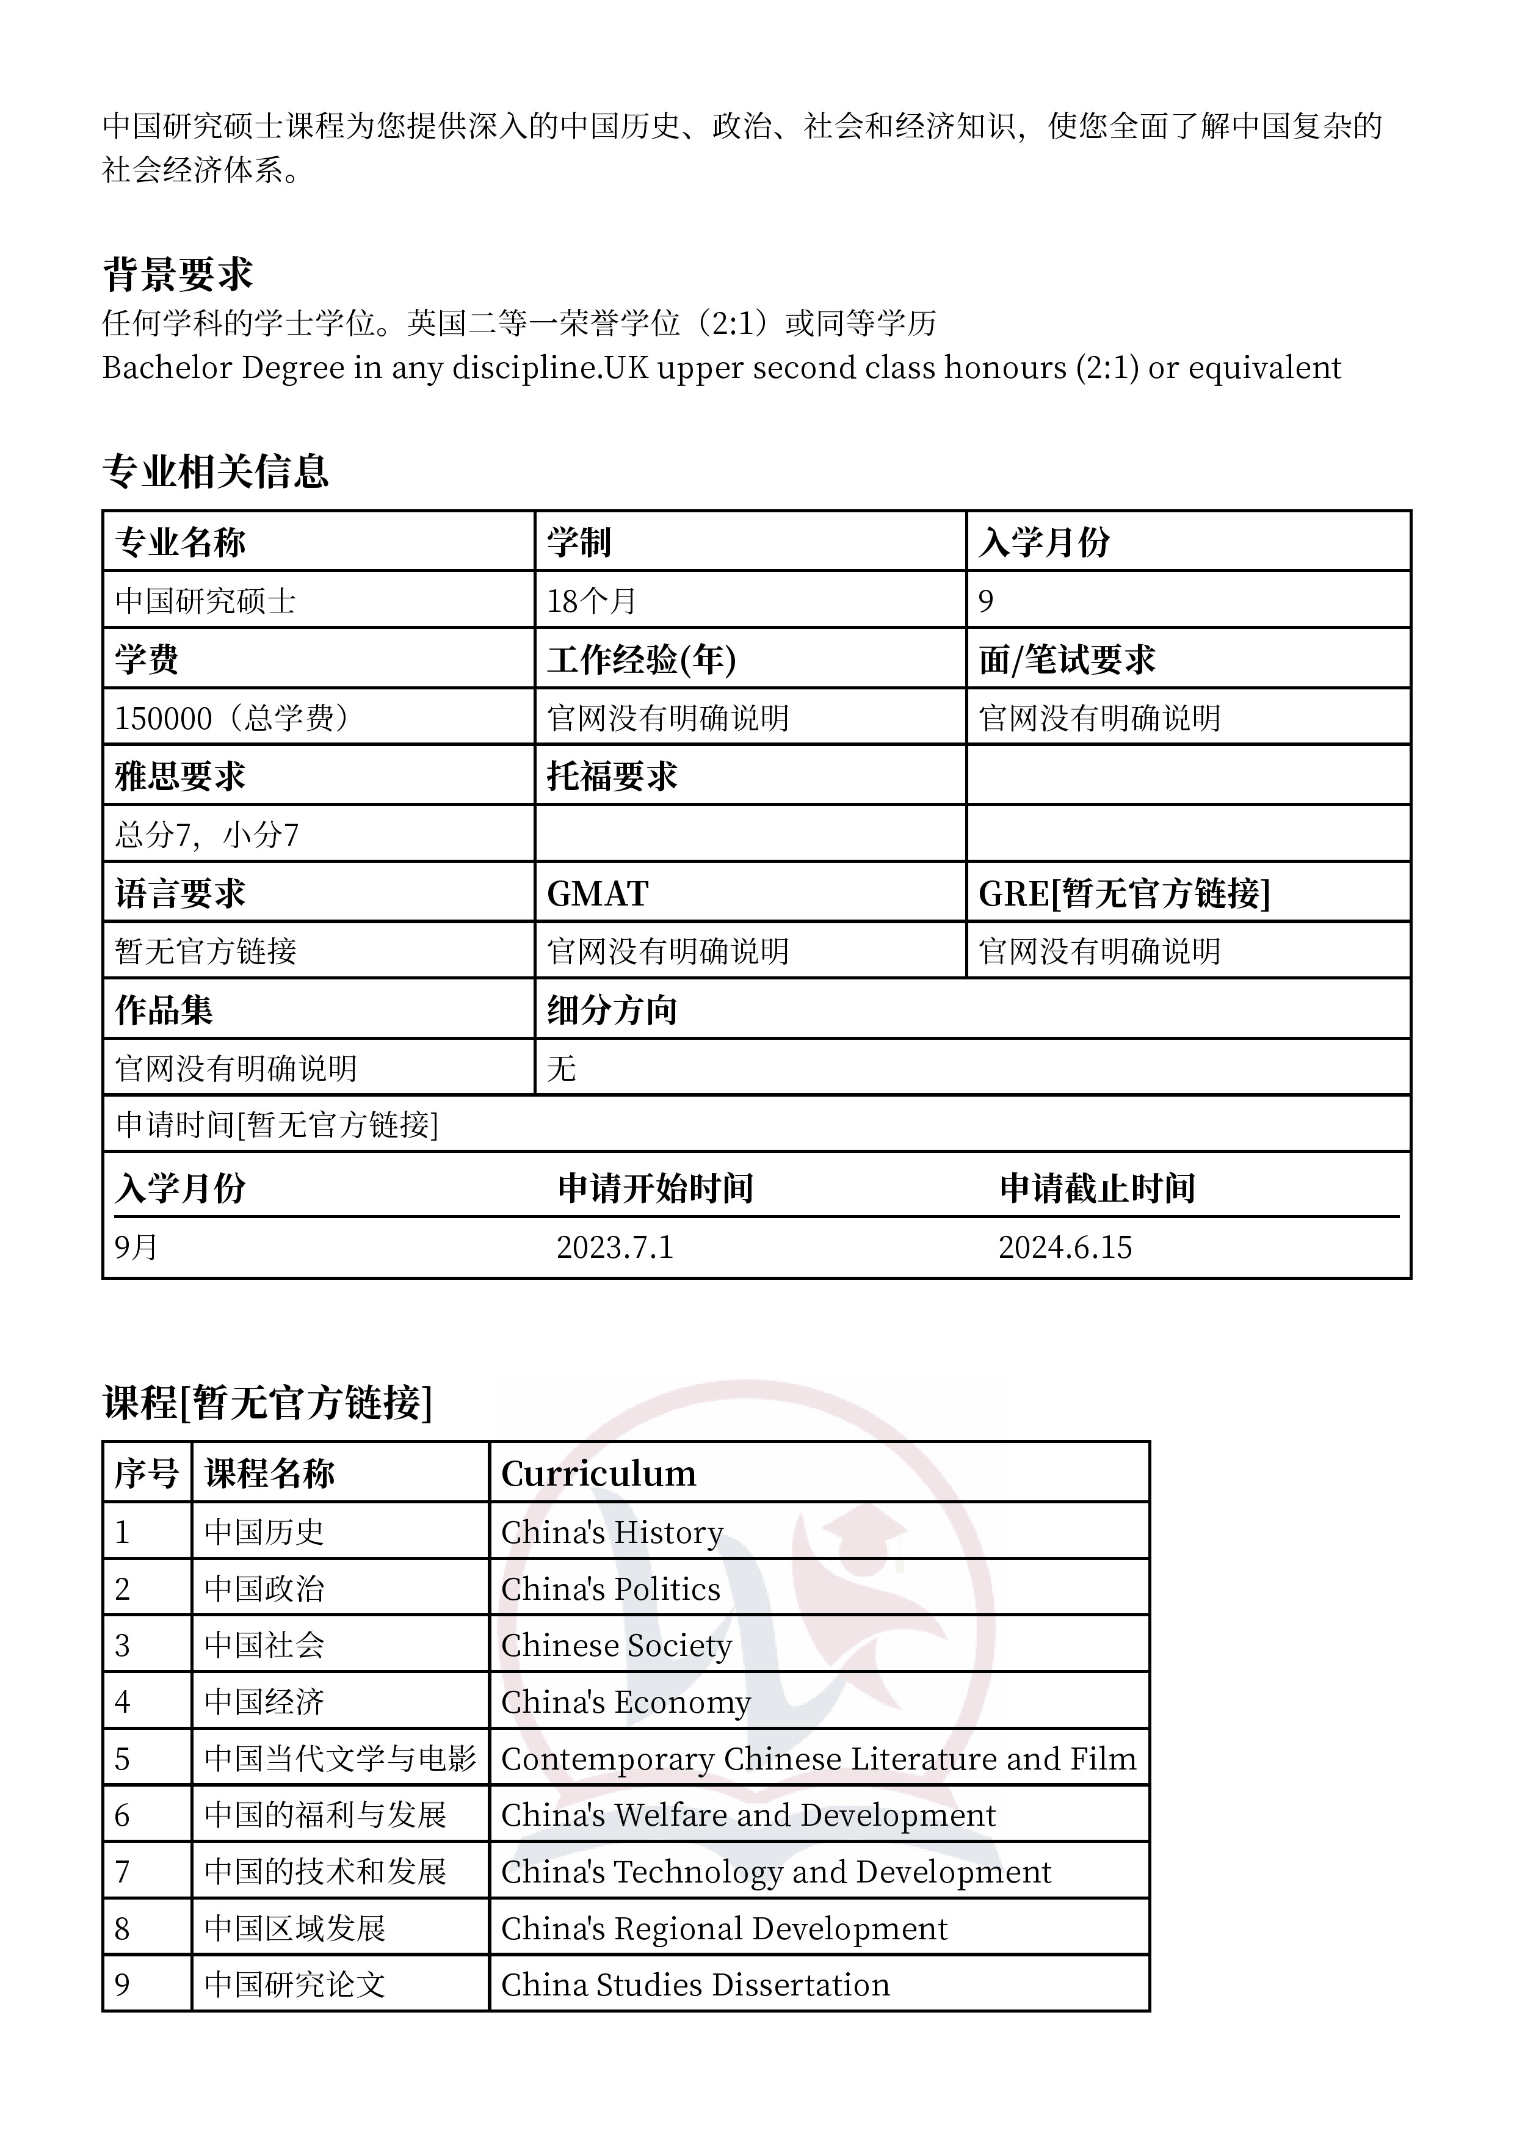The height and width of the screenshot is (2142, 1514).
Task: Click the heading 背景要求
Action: coord(177,274)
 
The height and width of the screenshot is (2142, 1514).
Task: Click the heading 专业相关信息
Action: coord(216,471)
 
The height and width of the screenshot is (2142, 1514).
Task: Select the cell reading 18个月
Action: coord(592,601)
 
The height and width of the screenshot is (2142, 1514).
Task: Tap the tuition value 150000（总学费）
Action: coord(232,717)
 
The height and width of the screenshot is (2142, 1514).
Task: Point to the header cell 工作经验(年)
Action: coord(642,659)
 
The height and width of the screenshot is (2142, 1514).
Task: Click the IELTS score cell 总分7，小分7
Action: coord(207,834)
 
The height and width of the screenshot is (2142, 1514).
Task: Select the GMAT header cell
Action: coord(597,894)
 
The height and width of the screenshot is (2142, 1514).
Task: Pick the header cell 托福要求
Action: coord(612,776)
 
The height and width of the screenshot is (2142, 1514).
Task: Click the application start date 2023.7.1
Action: coord(615,1247)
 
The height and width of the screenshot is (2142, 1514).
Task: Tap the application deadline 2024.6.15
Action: coord(1065,1247)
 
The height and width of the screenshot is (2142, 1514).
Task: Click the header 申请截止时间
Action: coord(1097,1189)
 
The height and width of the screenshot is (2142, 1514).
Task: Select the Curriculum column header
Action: coord(599,1474)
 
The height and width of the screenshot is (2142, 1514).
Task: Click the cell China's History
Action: coord(612,1533)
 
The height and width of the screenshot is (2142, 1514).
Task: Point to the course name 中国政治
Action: coord(264,1589)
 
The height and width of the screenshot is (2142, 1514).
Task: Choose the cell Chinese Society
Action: coord(617,1646)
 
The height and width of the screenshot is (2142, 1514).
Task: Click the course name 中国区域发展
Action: coord(295,1928)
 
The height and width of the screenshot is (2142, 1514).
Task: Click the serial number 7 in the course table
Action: coord(122,1872)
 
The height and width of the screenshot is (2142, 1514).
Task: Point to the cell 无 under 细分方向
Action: coord(562,1068)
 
